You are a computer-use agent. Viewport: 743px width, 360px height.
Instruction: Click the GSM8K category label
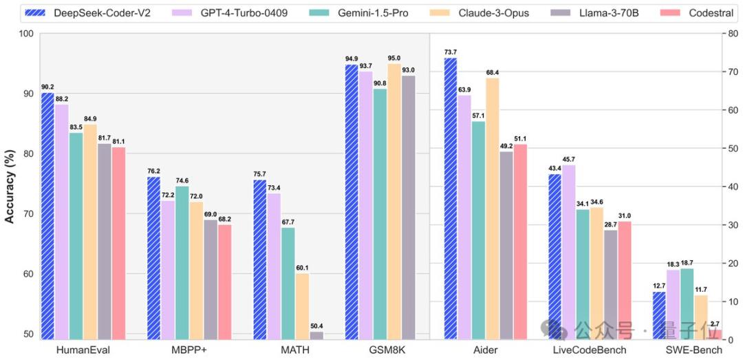tap(387, 350)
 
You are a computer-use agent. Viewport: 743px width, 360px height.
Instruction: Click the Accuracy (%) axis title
tap(10, 186)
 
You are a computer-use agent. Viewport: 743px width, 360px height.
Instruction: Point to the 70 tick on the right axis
tap(729, 72)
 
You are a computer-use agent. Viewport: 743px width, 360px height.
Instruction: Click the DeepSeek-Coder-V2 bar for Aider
tap(450, 199)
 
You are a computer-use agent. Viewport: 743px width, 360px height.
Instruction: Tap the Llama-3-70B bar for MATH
tap(316, 335)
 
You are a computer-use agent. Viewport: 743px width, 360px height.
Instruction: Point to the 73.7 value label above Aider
tap(450, 52)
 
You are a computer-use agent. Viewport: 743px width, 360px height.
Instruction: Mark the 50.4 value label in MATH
tap(316, 326)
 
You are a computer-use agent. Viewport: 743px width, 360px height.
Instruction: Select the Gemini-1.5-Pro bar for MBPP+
tap(182, 262)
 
